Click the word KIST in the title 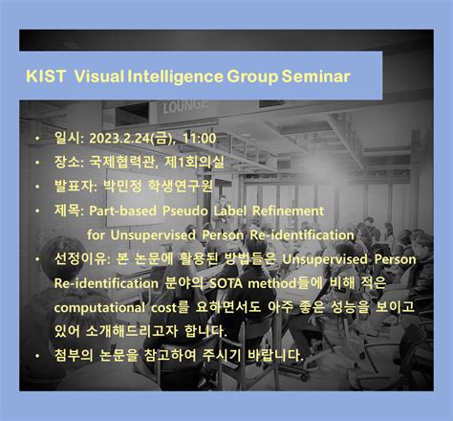[x=47, y=76]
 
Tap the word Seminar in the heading [x=314, y=76]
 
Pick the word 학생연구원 [x=181, y=186]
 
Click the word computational [x=101, y=307]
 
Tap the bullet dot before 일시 [x=36, y=140]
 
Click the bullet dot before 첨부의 [x=36, y=356]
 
